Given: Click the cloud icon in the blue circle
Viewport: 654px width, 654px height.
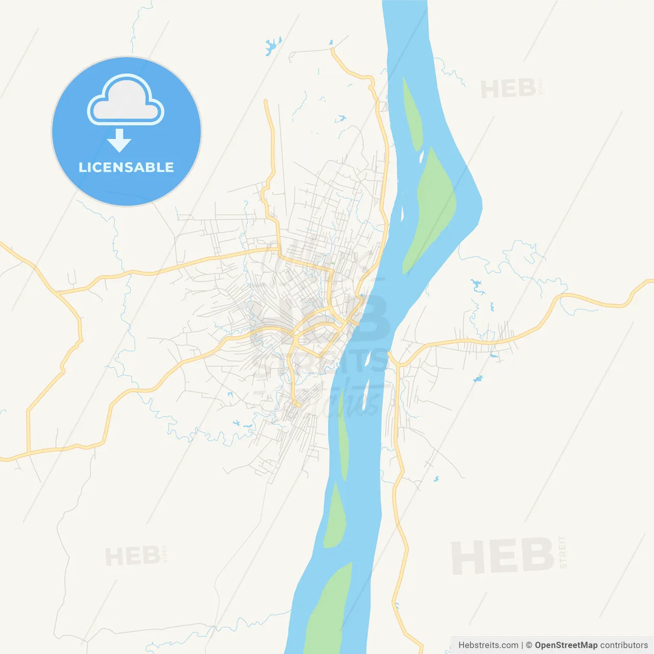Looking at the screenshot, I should point(126,100).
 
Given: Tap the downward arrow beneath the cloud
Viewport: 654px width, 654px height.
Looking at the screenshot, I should point(119,141).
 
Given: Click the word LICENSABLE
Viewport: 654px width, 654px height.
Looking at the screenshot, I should point(126,167).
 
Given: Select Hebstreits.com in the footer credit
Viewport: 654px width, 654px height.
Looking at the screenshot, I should point(488,645).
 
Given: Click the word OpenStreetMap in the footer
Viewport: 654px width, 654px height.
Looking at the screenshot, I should point(566,645).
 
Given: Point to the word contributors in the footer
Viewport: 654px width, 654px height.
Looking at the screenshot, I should point(623,645).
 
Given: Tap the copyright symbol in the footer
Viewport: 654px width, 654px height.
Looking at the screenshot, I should point(529,645).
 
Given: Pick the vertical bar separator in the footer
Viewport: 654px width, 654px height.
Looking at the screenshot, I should point(522,645).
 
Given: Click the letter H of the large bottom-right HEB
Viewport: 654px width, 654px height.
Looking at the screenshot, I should point(466,557).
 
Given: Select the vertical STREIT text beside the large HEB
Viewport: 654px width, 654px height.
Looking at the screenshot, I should point(563,552).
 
